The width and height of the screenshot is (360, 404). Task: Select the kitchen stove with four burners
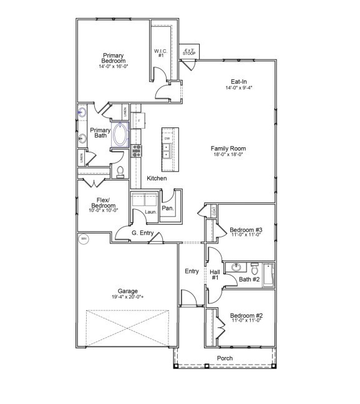point(136,150)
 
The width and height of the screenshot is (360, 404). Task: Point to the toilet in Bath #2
point(255,270)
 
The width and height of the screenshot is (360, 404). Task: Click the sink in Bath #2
point(235,268)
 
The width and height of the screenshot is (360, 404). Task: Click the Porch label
point(225,358)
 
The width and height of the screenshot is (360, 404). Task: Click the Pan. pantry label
point(167,209)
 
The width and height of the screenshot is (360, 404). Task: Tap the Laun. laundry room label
point(150,212)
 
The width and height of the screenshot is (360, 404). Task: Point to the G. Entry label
point(143,233)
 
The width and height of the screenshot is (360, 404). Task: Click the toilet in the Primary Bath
point(121,171)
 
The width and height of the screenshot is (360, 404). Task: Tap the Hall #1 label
point(214,275)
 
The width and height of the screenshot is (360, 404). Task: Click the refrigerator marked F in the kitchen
point(138,119)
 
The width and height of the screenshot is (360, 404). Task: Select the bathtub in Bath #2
point(269,275)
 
